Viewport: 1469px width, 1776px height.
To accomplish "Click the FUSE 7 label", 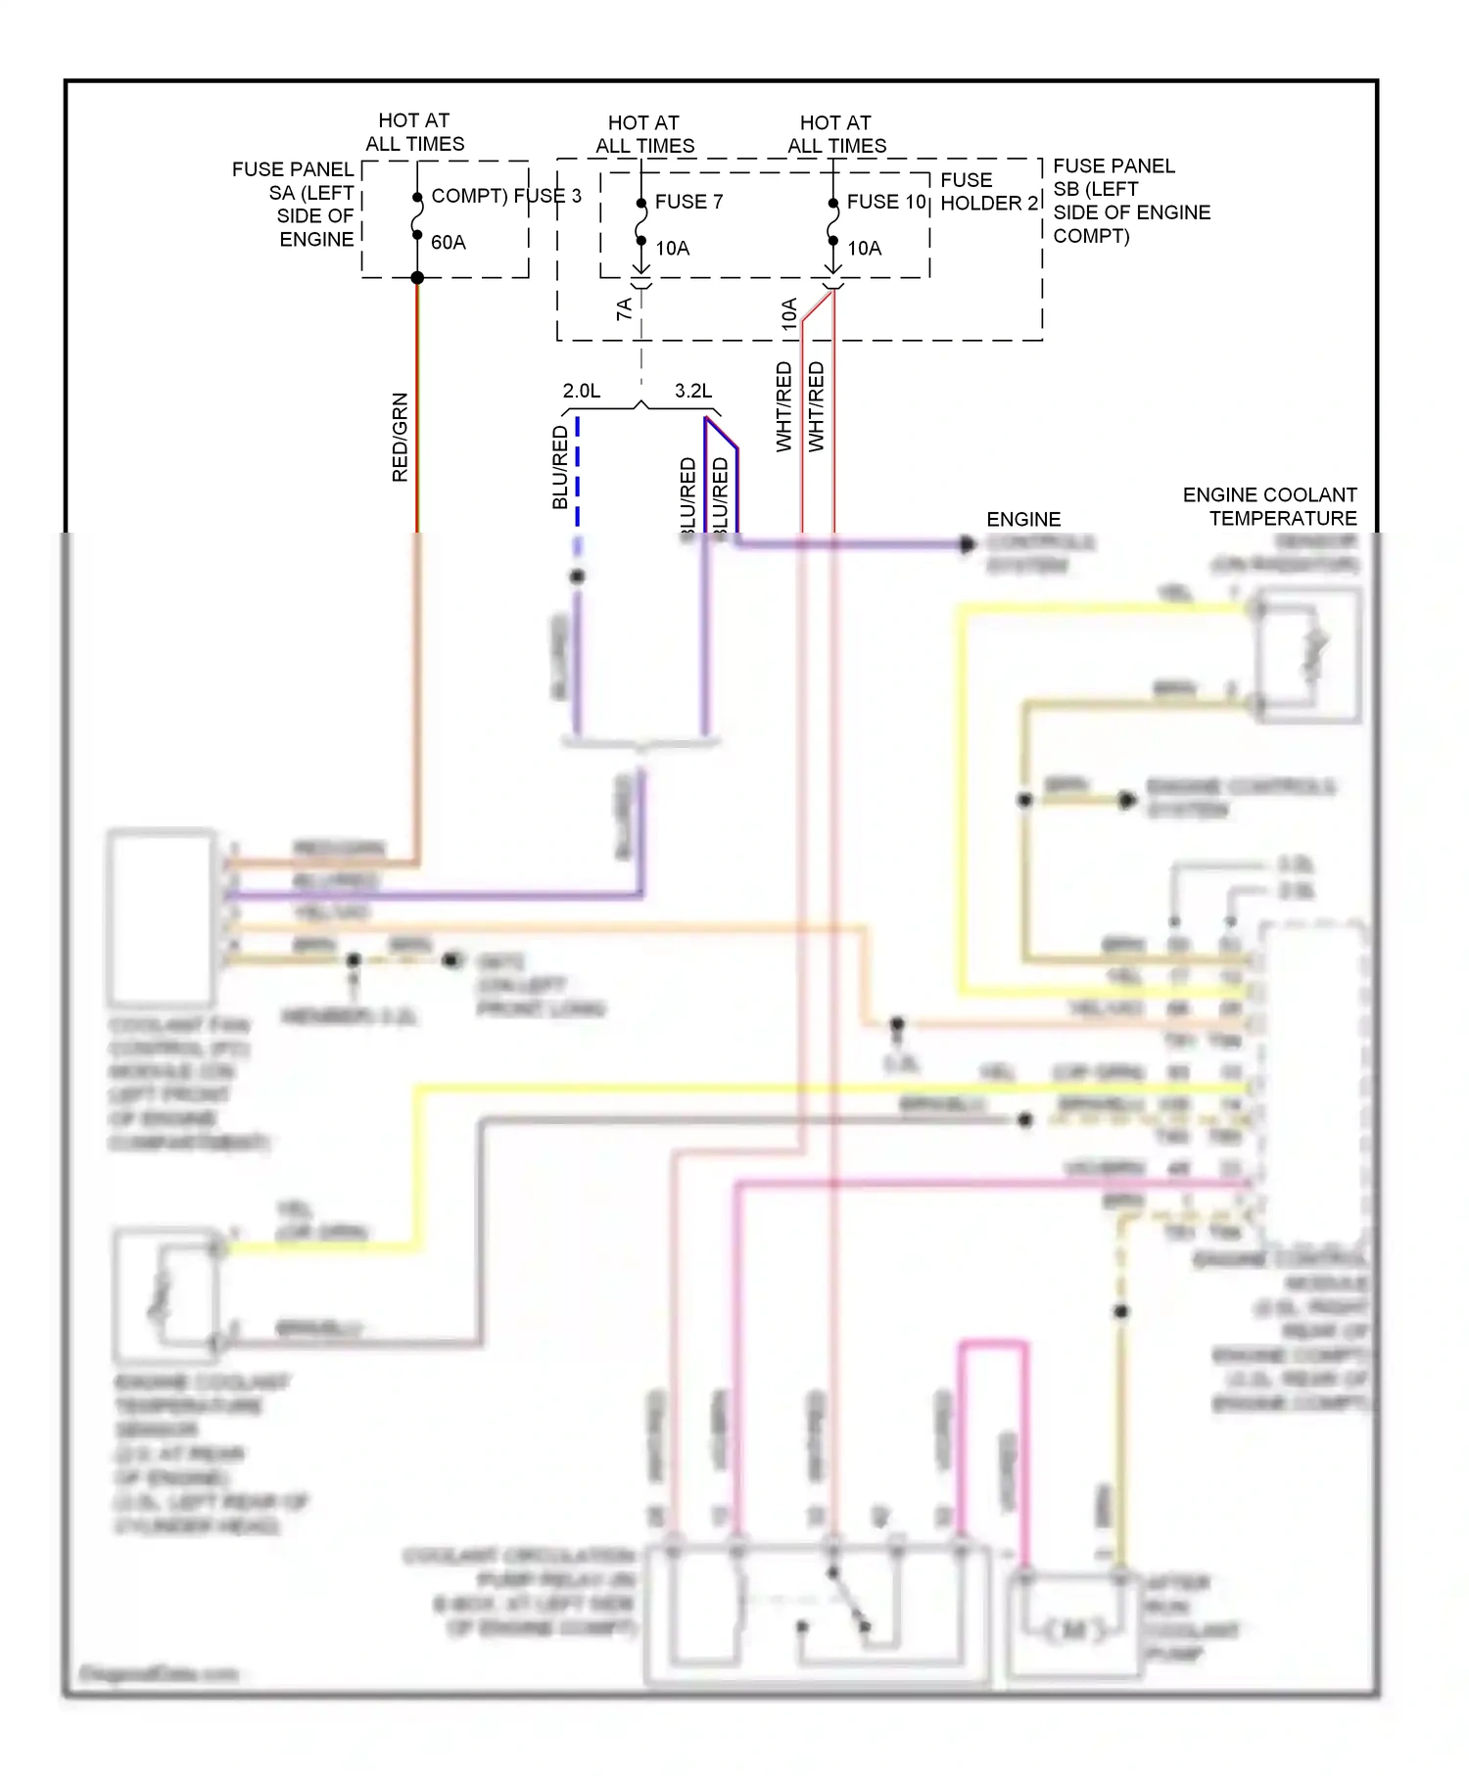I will (x=688, y=202).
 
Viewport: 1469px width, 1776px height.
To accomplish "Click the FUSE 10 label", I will (x=885, y=202).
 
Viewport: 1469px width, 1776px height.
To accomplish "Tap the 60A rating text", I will (x=449, y=243).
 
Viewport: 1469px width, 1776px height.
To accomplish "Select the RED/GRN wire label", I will (x=400, y=437).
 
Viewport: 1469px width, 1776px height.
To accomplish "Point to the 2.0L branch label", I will (x=582, y=391).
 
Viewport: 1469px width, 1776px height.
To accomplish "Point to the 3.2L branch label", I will (x=693, y=391).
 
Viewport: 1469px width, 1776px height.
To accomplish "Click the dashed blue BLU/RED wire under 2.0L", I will (x=578, y=470).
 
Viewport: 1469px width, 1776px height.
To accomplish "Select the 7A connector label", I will (x=624, y=309).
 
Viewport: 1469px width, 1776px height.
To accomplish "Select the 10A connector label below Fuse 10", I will (x=789, y=313).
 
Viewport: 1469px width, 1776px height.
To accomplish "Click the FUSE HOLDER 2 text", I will (x=987, y=192).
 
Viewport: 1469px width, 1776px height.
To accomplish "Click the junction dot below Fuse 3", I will (x=417, y=278).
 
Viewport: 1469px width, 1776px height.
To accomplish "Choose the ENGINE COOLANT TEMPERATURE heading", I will (x=1271, y=506).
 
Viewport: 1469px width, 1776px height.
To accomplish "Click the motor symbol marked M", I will (x=1074, y=1630).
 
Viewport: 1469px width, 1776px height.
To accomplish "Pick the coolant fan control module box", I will (x=162, y=917).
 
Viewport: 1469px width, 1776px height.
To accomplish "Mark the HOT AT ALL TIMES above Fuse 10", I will (x=836, y=134).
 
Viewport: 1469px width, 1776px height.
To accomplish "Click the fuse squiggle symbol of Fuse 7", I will (x=640, y=223).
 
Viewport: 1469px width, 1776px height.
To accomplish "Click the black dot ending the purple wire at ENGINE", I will (x=968, y=544).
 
